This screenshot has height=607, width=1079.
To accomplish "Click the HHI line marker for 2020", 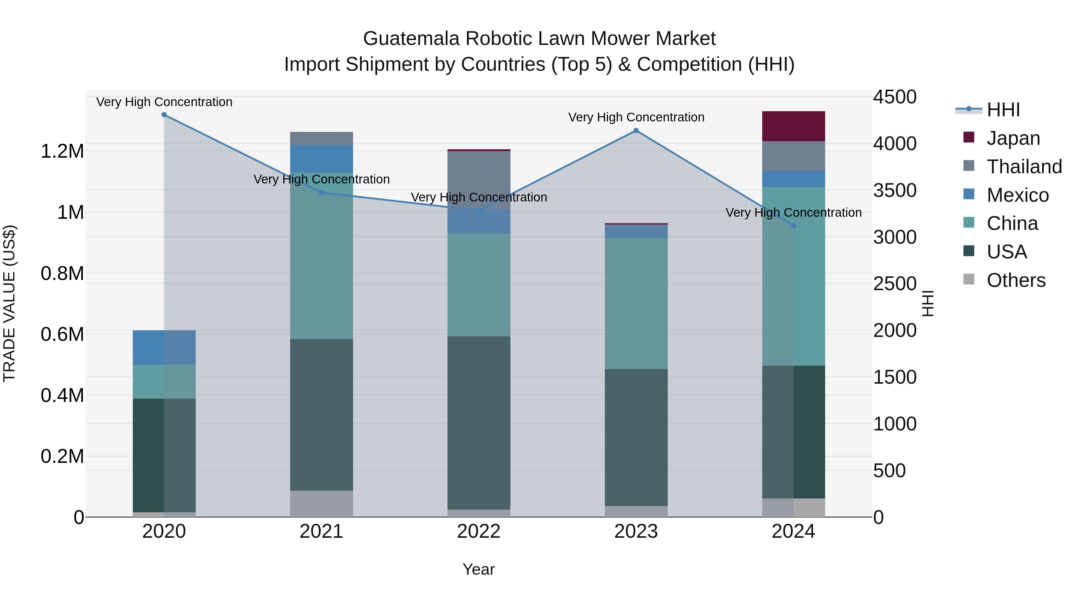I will [x=164, y=115].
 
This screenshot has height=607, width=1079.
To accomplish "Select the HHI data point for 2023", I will [x=636, y=131].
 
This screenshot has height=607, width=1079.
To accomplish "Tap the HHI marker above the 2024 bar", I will [x=793, y=226].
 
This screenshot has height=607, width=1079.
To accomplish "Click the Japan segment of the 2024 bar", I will [x=793, y=126].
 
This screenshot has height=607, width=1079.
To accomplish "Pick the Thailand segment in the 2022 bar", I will [x=479, y=180].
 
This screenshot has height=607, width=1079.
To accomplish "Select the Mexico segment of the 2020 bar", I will [x=164, y=347].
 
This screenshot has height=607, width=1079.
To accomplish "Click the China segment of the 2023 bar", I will [x=636, y=303].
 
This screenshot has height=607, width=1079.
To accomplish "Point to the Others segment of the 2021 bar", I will [x=321, y=504].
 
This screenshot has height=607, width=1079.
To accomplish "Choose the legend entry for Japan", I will [x=1013, y=138].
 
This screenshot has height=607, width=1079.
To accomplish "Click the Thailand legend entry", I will [x=1024, y=167].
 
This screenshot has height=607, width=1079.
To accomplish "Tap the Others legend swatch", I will [x=969, y=279].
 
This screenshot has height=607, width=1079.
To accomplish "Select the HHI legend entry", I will [x=1003, y=110].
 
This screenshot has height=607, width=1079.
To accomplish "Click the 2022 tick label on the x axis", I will [x=479, y=531].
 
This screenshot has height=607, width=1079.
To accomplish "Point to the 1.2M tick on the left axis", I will [x=62, y=151].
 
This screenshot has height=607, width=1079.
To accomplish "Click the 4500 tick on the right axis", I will [x=895, y=97].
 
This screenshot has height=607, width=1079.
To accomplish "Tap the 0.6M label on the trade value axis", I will [x=62, y=334].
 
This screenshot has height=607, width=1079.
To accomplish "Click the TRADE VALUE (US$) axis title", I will [x=9, y=303].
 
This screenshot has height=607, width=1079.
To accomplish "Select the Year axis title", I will [x=478, y=569].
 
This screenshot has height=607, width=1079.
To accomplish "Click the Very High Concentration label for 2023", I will [x=636, y=117].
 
